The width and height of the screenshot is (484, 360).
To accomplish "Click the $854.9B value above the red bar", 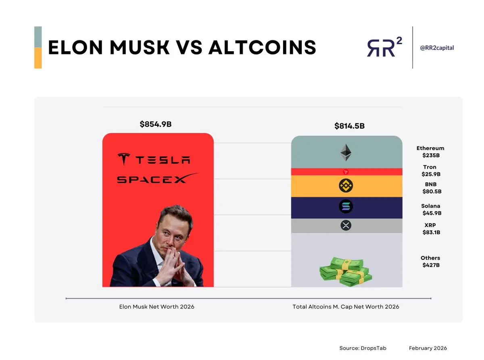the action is coord(156,124).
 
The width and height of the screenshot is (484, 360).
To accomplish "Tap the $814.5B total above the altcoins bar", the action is coord(349,126).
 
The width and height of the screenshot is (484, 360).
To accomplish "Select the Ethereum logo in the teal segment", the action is coord(346,152).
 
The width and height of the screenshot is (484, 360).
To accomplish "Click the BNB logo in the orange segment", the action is coord(346,185).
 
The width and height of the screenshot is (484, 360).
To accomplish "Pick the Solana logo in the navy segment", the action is coord(346,206).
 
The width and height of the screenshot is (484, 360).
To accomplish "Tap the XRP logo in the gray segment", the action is coord(346,225).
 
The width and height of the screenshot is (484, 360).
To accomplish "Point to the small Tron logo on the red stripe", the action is coord(346,172).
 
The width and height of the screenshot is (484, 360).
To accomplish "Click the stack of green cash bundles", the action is coord(346,272).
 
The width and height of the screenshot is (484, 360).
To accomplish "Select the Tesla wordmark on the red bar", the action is coord(154,159).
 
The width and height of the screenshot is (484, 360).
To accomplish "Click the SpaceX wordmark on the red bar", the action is coord(158,178).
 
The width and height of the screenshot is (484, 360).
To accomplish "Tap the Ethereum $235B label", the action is coord(430,152).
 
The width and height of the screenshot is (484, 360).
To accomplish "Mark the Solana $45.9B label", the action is coord(432,210).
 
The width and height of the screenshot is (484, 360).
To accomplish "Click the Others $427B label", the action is coord(430,261).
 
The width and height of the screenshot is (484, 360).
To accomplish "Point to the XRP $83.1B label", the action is coord(431,229).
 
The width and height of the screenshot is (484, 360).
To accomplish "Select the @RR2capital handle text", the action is coord(437,48).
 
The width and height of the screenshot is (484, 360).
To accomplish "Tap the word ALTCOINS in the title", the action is coord(262,47).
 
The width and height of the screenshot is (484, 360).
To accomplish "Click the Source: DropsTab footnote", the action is coord(363,348).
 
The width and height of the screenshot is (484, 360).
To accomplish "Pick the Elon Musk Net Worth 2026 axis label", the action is coord(156,307).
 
